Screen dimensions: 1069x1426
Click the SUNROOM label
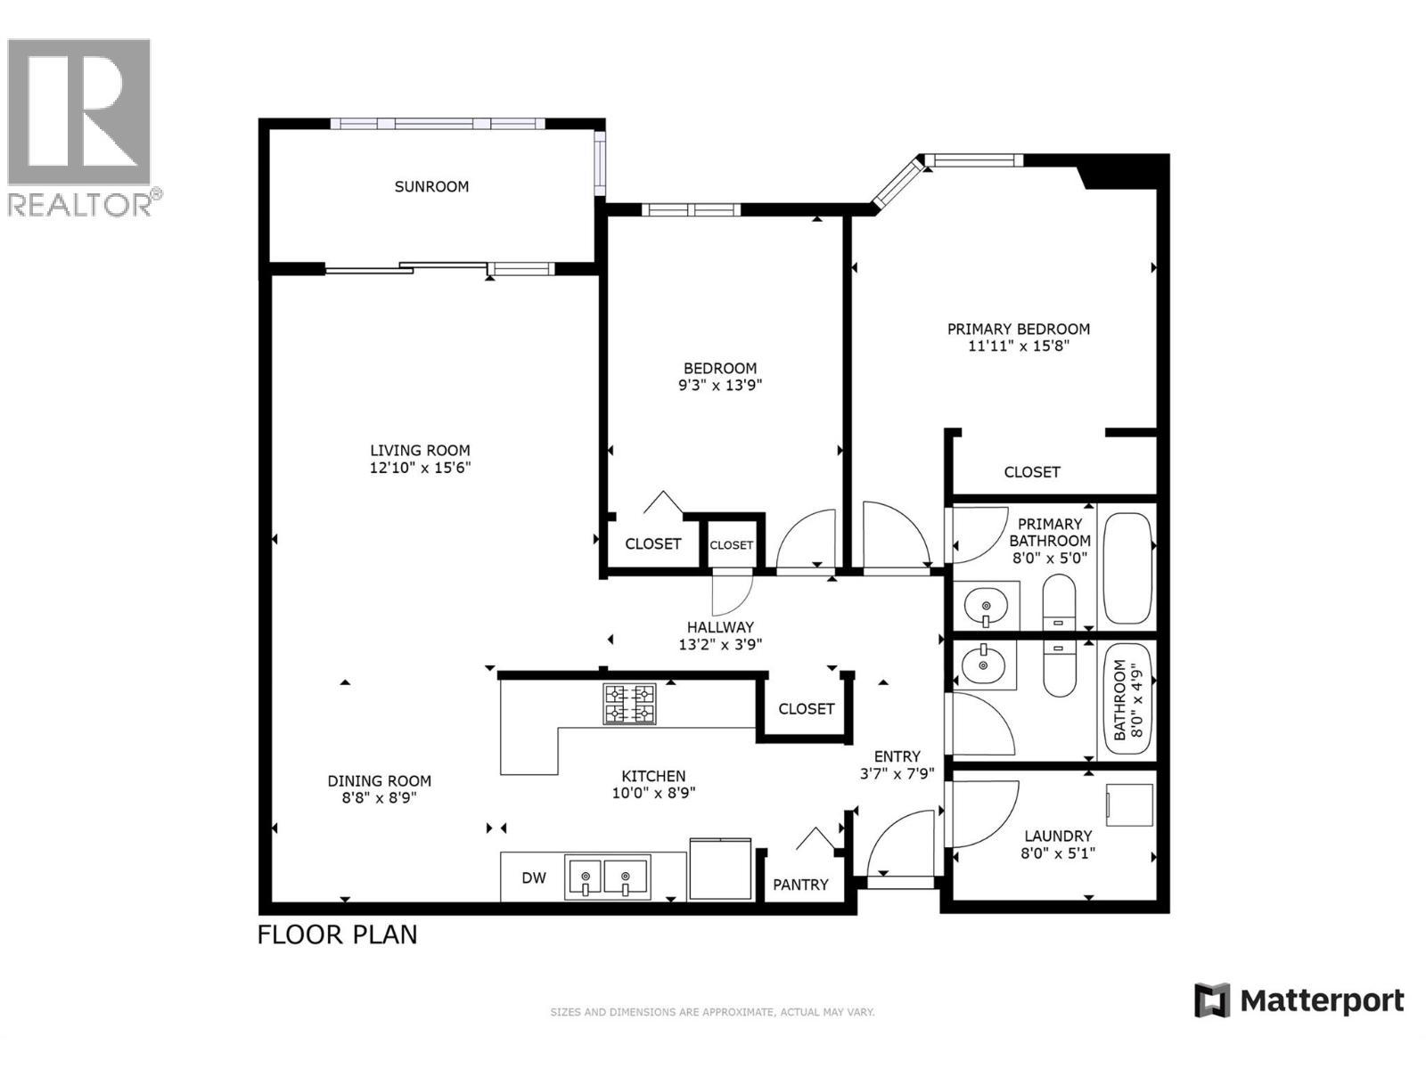[431, 186]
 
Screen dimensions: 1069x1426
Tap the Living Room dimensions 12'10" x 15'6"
[420, 468]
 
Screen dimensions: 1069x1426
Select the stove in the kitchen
[629, 704]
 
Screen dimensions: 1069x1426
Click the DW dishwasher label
[534, 878]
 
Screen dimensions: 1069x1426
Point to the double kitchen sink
[607, 877]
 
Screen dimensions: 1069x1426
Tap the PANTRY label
[800, 885]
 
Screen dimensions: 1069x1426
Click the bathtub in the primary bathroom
[1127, 568]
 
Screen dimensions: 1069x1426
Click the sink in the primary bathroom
[986, 606]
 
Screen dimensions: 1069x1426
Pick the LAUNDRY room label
[1058, 836]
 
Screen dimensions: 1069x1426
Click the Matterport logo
[1299, 1000]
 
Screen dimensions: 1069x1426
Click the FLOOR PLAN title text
[337, 934]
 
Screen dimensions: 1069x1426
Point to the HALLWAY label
[720, 627]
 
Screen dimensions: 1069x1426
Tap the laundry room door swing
[980, 812]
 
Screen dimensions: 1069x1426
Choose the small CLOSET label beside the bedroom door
[732, 545]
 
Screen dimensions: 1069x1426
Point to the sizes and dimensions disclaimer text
[712, 1012]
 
